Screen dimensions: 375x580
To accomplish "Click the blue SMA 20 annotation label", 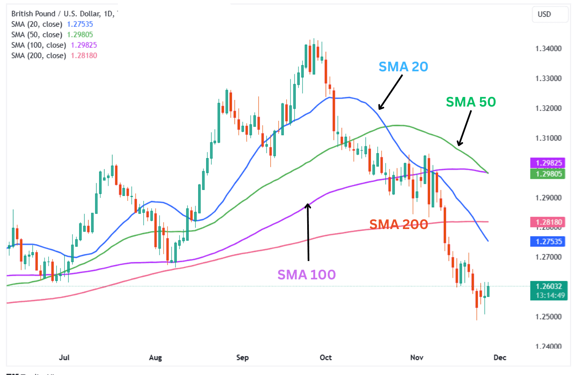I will click(x=403, y=67).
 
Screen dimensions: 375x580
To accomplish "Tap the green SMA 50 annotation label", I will click(x=470, y=102).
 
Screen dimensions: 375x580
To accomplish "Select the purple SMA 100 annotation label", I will click(x=306, y=275).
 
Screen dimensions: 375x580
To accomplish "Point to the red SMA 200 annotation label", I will click(x=398, y=224).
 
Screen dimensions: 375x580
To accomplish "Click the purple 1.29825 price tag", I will click(x=548, y=163).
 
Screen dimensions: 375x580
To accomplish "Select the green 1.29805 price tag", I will click(x=548, y=174).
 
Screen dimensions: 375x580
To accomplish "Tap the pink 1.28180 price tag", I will click(x=548, y=222).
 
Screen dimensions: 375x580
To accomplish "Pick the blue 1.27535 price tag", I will click(x=548, y=242).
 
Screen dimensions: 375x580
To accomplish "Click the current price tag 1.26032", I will click(x=549, y=286).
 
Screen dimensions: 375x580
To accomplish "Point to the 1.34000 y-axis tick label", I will click(x=548, y=49).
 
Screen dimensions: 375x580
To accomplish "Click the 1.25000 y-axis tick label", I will click(x=548, y=317).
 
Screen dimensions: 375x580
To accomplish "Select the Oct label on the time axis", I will click(x=326, y=357).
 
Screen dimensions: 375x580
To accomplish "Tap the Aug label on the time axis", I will click(x=155, y=357).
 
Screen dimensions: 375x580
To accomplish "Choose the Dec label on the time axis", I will click(x=500, y=357).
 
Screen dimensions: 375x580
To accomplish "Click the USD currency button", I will click(x=544, y=14).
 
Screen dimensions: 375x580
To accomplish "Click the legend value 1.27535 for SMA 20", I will click(x=80, y=24).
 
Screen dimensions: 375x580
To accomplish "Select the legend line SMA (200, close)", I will click(x=39, y=56).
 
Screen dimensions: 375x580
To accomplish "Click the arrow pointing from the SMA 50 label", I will click(x=465, y=128).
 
